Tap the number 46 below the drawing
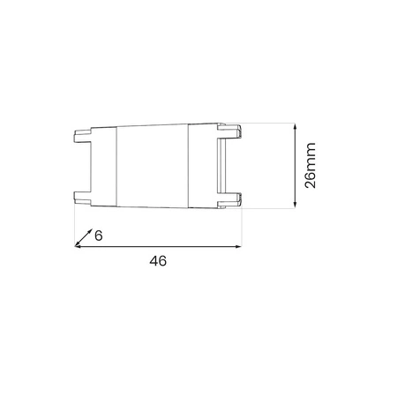pos(157,262)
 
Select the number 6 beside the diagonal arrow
pos(99,236)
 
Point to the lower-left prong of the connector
pos(79,197)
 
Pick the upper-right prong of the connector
pos(236,132)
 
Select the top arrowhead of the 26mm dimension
pos(293,125)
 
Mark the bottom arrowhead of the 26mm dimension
pos(293,206)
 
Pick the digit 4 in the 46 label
pos(152,262)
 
